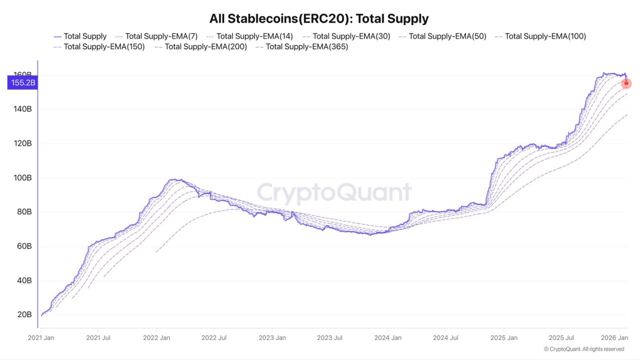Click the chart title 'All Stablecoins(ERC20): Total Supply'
click(319, 19)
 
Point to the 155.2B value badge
click(22, 82)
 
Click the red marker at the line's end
click(626, 83)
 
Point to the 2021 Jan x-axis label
click(40, 338)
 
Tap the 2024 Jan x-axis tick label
click(388, 338)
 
